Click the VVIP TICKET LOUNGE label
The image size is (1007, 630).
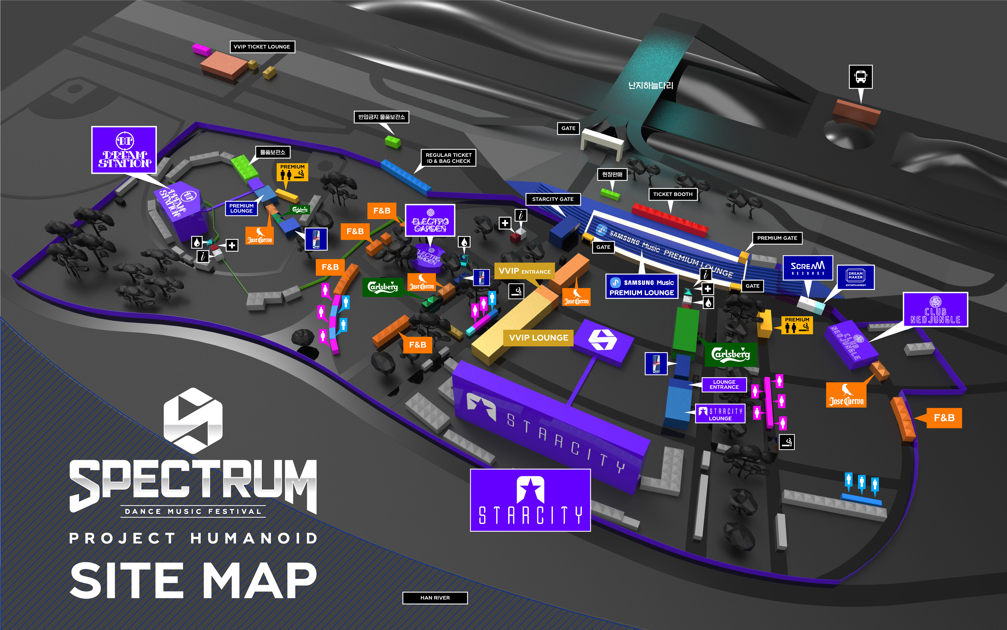[x=262, y=47]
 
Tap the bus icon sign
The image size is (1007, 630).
[x=860, y=77]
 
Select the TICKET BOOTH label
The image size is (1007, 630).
[x=673, y=194]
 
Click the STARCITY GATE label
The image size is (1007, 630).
[x=553, y=199]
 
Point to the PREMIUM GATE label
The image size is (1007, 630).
[x=777, y=238]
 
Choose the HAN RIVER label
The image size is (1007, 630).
[x=435, y=597]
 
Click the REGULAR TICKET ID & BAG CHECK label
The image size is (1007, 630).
[x=448, y=158]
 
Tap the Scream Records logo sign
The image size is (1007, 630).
[x=807, y=268]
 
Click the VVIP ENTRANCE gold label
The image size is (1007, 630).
[x=524, y=271]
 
